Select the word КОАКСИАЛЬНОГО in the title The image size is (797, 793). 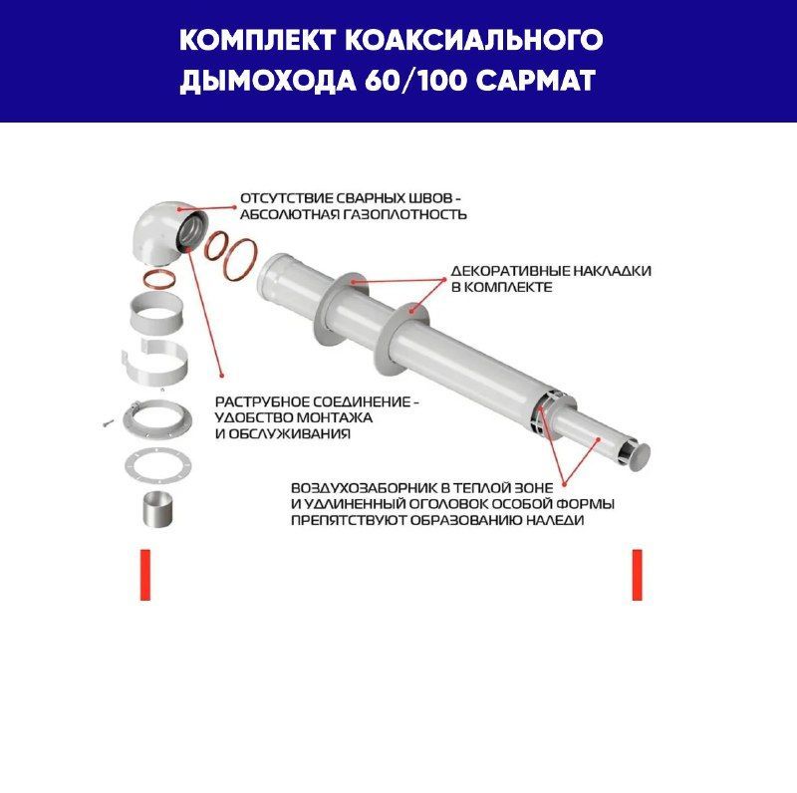474,40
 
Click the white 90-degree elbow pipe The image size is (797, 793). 163,232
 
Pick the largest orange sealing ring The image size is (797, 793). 240,260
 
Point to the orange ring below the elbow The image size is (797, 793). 159,279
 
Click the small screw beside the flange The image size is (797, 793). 108,422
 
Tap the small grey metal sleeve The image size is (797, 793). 158,509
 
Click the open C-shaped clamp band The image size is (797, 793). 155,365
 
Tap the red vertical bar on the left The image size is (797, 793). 145,575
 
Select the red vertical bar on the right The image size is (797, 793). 637,575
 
